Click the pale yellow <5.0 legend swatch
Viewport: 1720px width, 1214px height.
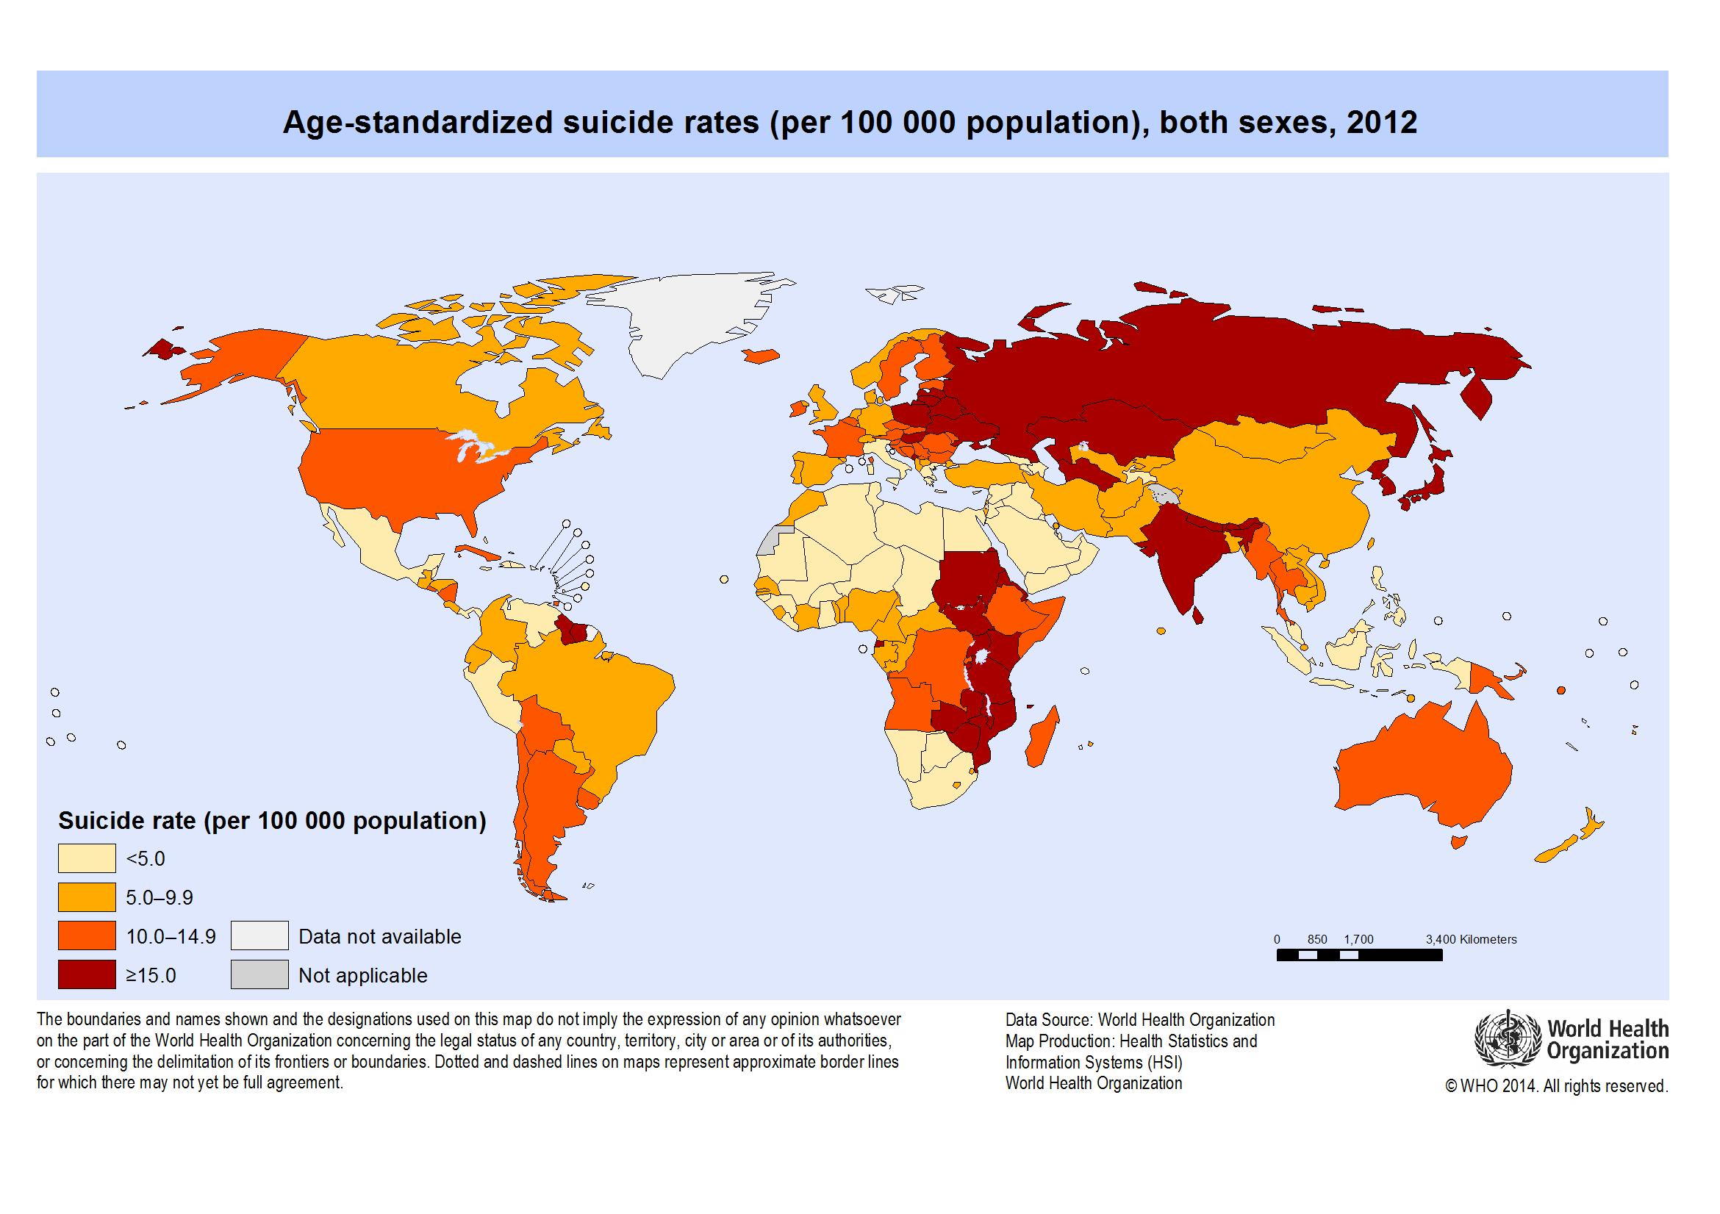click(87, 858)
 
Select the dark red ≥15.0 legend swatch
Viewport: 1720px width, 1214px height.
click(87, 975)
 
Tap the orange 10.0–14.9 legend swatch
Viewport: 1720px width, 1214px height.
click(87, 936)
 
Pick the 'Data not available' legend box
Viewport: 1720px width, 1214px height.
click(259, 936)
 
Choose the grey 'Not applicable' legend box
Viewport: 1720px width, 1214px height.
click(259, 975)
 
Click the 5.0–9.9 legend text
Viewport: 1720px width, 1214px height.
click(160, 897)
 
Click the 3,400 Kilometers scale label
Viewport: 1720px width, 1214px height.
click(1471, 939)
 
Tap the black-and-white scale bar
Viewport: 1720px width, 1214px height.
click(1359, 955)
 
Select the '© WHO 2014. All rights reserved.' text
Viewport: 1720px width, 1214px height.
click(1557, 1086)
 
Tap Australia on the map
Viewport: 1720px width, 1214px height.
click(1423, 772)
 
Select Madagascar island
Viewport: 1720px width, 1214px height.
click(1043, 738)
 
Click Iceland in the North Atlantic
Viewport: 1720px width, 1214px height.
click(761, 356)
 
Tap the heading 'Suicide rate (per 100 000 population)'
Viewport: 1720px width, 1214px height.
click(272, 821)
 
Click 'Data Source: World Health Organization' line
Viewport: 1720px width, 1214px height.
click(1139, 1020)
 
